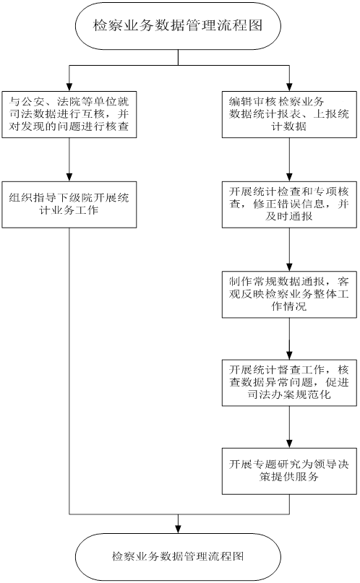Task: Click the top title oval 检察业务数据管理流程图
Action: (178, 26)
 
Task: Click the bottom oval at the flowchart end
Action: (178, 556)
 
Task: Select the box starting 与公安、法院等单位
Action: (69, 115)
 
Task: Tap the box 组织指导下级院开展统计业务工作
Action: (69, 204)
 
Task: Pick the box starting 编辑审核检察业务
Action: (289, 115)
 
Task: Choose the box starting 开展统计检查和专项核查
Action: (289, 204)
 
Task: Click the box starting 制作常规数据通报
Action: (289, 295)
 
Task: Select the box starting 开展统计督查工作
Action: (289, 383)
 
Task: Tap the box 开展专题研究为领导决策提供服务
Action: (289, 471)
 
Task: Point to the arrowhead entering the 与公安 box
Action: (69, 87)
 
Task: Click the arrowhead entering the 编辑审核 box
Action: (289, 87)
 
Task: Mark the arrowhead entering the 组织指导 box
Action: (69, 177)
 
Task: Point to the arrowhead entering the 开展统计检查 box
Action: (289, 177)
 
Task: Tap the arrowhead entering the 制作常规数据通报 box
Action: (289, 267)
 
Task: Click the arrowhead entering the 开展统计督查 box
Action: (289, 355)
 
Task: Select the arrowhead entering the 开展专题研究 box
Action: (289, 444)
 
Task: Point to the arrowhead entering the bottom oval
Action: (178, 529)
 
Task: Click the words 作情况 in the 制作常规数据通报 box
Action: (289, 307)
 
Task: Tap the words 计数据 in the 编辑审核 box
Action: (289, 126)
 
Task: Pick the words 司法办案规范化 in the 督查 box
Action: (289, 394)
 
